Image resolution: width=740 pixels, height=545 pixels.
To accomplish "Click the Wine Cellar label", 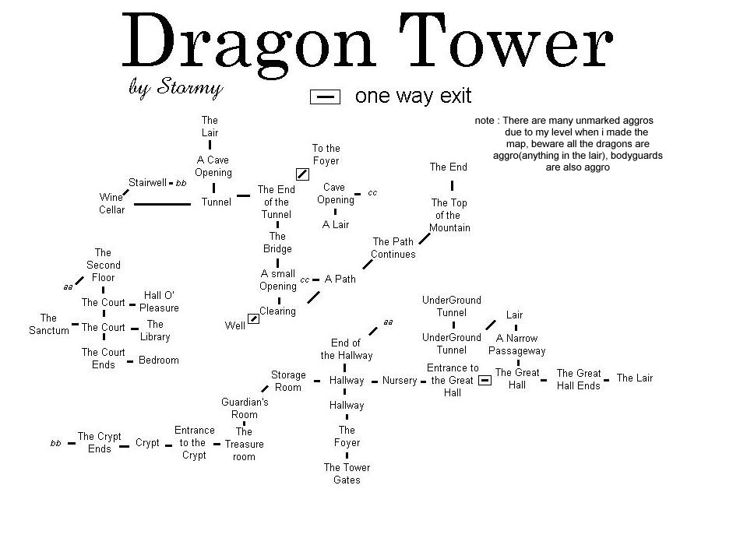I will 111,203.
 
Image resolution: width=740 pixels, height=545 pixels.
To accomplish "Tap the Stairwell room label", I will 148,183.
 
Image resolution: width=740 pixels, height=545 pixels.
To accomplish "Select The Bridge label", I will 277,242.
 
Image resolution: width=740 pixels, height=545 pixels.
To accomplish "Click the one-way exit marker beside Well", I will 253,319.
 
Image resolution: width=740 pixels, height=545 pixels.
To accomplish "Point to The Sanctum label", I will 48,324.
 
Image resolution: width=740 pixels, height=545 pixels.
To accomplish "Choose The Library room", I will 155,330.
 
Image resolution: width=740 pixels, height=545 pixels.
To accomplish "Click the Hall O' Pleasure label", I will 159,301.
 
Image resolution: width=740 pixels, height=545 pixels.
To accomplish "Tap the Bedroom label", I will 158,360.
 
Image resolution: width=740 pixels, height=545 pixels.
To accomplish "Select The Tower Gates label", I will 347,473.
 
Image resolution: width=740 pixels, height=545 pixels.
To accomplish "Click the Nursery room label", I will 400,381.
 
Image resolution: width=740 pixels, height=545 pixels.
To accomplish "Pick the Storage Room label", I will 288,381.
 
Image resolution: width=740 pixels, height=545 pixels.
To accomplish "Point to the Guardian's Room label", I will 245,408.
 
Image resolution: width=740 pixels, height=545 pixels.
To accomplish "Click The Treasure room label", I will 245,444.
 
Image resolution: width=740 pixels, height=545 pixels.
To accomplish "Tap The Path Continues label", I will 393,248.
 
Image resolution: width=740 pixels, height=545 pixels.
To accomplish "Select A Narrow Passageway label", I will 516,344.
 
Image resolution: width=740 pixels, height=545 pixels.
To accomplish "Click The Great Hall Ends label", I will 578,379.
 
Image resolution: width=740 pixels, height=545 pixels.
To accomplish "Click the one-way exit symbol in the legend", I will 326,97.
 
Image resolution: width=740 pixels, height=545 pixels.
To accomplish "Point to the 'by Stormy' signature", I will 175,87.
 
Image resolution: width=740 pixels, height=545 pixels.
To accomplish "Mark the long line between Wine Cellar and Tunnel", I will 162,204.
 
